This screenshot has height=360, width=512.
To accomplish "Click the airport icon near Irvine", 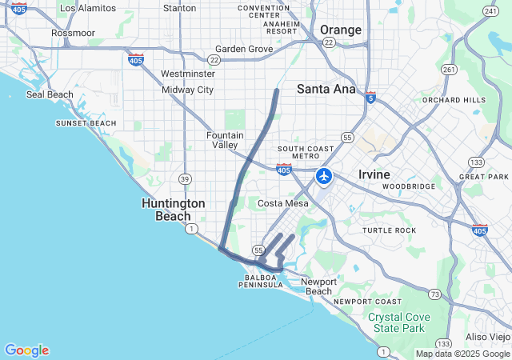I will [324, 176].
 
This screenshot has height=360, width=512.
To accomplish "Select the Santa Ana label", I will [326, 89].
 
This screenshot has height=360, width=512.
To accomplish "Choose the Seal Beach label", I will [50, 94].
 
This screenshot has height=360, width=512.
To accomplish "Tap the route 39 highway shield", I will [185, 178].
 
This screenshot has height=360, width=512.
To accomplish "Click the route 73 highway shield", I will [434, 294].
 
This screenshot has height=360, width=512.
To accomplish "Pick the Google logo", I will [26, 350].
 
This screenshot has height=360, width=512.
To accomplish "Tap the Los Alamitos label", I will [88, 8].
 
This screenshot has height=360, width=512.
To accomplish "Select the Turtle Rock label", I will [390, 230].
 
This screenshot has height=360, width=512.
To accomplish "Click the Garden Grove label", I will [244, 49].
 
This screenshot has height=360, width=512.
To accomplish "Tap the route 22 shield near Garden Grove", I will [214, 60].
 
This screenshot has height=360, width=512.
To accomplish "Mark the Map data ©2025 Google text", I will [462, 354].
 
